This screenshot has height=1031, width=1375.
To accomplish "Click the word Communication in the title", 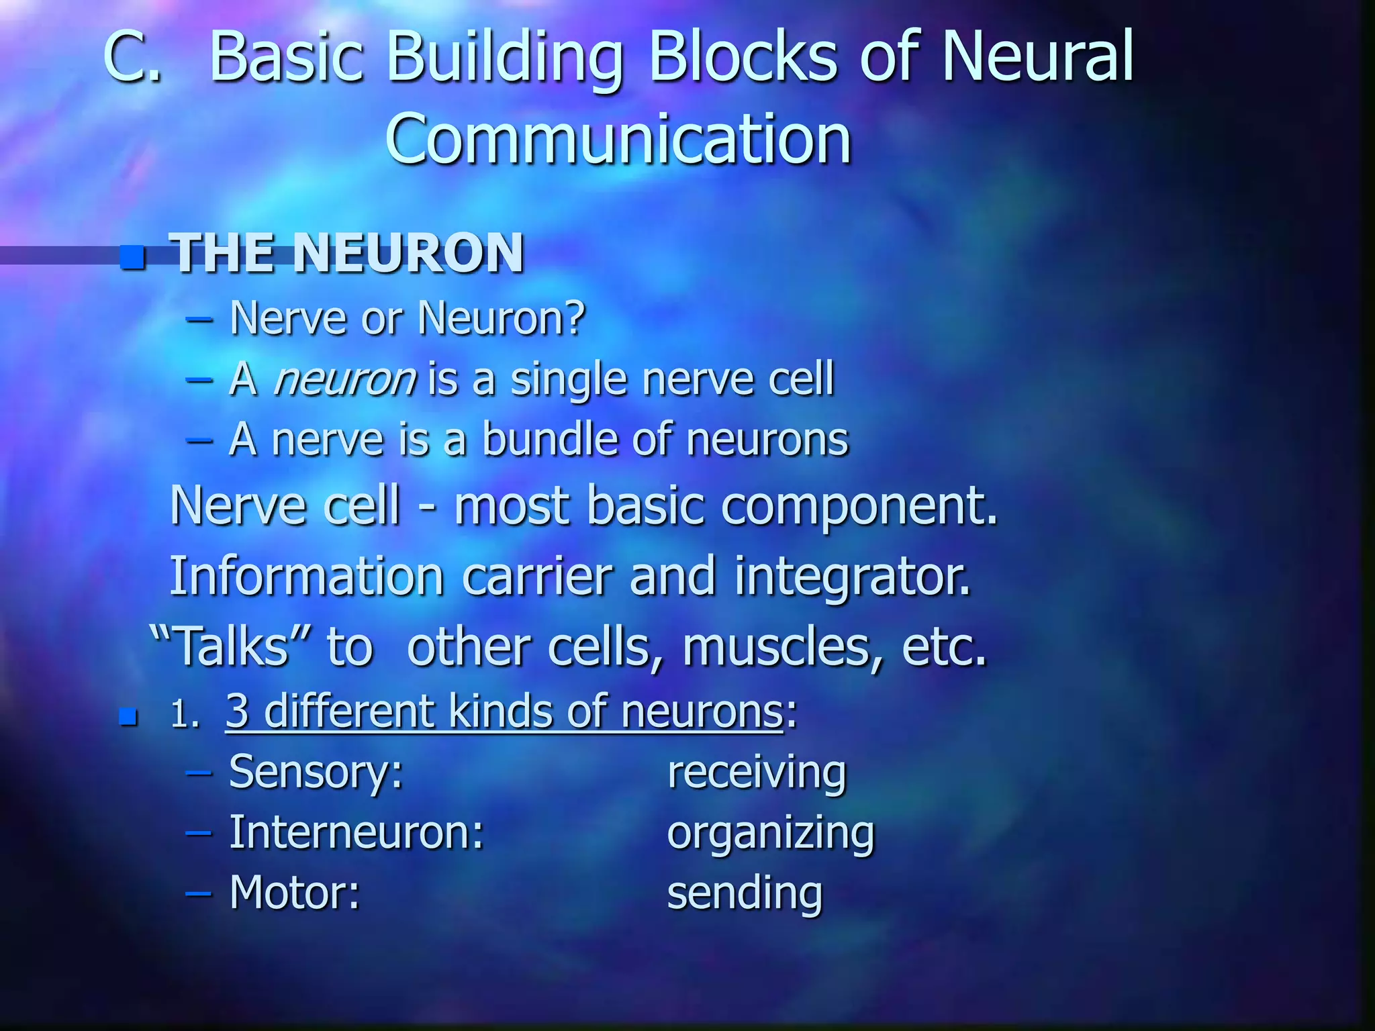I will pyautogui.click(x=618, y=140).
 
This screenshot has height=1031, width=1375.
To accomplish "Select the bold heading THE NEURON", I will pyautogui.click(x=348, y=253).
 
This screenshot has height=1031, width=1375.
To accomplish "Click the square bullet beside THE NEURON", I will pyautogui.click(x=132, y=256).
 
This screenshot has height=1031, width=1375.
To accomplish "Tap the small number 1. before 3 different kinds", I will pyautogui.click(x=185, y=715).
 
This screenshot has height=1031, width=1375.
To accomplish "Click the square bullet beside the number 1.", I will pyautogui.click(x=128, y=717).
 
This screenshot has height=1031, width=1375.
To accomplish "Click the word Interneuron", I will pyautogui.click(x=356, y=833).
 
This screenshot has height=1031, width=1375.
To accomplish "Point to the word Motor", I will pyautogui.click(x=294, y=893).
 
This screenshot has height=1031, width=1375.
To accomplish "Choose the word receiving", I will pyautogui.click(x=757, y=773).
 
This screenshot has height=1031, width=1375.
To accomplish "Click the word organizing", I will pyautogui.click(x=771, y=834).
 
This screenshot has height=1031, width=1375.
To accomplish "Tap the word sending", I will pyautogui.click(x=745, y=894).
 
